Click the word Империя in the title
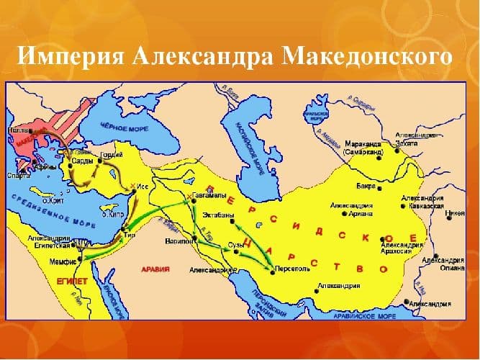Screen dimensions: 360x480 [x=68, y=55]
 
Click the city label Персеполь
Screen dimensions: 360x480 [x=291, y=267]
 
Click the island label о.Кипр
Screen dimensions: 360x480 [x=110, y=215]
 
